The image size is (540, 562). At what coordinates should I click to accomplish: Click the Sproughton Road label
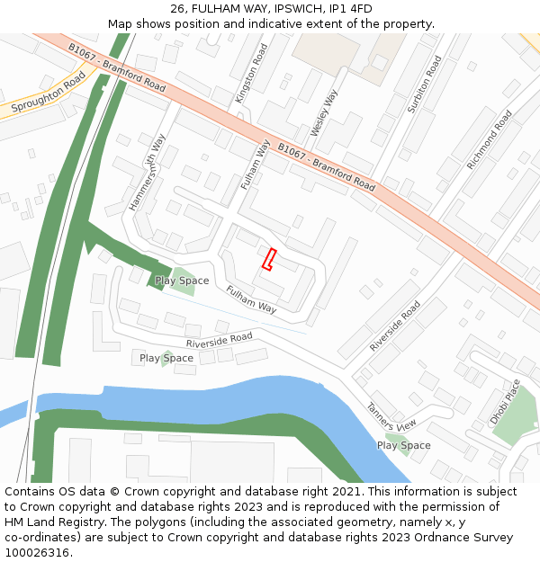click(x=49, y=93)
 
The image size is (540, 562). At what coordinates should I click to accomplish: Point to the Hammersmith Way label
click(x=148, y=173)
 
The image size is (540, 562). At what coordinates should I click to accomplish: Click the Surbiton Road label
click(x=425, y=84)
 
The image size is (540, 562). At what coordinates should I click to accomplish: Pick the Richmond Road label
click(x=489, y=139)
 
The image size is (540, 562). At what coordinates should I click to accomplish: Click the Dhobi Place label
click(x=505, y=402)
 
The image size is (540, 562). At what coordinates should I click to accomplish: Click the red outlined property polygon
click(x=268, y=259)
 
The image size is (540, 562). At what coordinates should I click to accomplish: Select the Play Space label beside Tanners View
click(x=403, y=445)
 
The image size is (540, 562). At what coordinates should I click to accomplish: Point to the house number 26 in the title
click(x=177, y=9)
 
